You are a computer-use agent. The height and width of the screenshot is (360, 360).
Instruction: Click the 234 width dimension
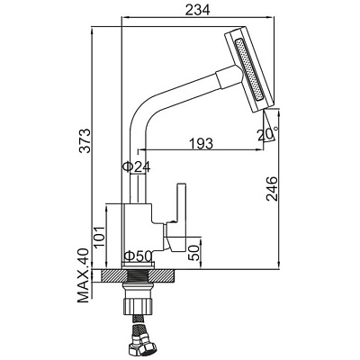(x=197, y=10)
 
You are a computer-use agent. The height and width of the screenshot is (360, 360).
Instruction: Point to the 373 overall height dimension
(x=86, y=140)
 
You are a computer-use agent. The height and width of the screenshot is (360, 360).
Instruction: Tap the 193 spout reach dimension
(x=201, y=143)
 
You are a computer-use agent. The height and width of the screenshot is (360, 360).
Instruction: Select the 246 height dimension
(x=272, y=189)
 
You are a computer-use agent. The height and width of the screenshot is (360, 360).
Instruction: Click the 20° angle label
(x=267, y=134)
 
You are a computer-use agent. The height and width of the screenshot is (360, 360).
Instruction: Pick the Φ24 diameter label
(x=137, y=166)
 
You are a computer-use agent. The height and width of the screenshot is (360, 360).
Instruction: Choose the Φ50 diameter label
(x=138, y=256)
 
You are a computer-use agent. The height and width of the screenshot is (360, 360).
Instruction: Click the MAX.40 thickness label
(x=84, y=275)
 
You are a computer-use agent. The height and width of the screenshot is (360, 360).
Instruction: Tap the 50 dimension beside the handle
(x=193, y=253)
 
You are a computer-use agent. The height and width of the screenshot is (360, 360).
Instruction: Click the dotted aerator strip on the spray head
(x=249, y=69)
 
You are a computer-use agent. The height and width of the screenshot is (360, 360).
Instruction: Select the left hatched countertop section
(x=113, y=275)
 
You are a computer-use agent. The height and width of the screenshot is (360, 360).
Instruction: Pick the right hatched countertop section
(x=162, y=275)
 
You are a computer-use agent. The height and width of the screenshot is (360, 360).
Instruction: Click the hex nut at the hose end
(x=139, y=349)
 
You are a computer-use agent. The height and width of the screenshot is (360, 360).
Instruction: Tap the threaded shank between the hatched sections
(x=138, y=275)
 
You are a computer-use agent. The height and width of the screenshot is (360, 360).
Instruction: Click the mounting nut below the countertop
(x=137, y=305)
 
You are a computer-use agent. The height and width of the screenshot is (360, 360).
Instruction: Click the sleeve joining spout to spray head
(x=229, y=76)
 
